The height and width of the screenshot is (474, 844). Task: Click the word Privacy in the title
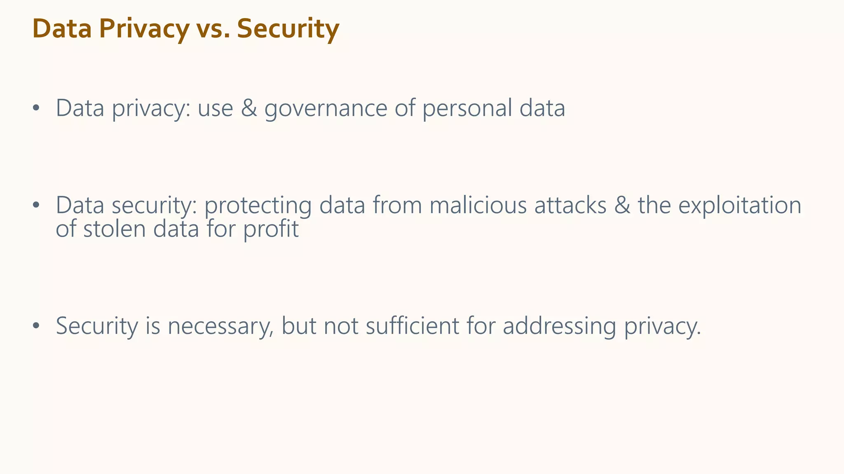[x=144, y=29]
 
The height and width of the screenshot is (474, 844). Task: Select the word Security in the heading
[x=288, y=29]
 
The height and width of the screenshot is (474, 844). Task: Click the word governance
[x=326, y=108]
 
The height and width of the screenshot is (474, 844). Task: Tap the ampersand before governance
[x=249, y=108]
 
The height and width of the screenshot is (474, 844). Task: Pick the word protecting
[x=258, y=205]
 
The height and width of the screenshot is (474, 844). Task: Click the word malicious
[x=478, y=205]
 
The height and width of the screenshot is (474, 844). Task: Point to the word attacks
[x=570, y=205]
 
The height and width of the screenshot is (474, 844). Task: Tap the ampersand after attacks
[x=622, y=205]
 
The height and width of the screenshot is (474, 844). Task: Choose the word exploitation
[x=740, y=205]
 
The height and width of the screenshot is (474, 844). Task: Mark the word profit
[x=271, y=229]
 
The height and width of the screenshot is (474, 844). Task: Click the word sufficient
[x=412, y=326]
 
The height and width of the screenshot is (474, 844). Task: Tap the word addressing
[x=559, y=326]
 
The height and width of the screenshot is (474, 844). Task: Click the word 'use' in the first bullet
[x=215, y=109]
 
